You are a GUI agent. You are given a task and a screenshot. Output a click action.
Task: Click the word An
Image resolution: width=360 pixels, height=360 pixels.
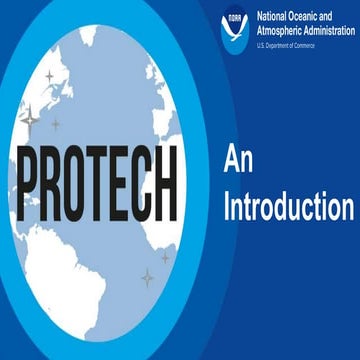[234, 157]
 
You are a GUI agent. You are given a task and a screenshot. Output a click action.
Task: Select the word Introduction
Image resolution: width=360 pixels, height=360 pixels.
[288, 208]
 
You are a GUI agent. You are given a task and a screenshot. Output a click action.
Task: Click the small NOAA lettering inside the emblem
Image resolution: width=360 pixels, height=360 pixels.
[236, 19]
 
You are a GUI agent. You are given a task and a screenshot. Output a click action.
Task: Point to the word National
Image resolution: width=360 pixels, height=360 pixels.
[276, 17]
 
